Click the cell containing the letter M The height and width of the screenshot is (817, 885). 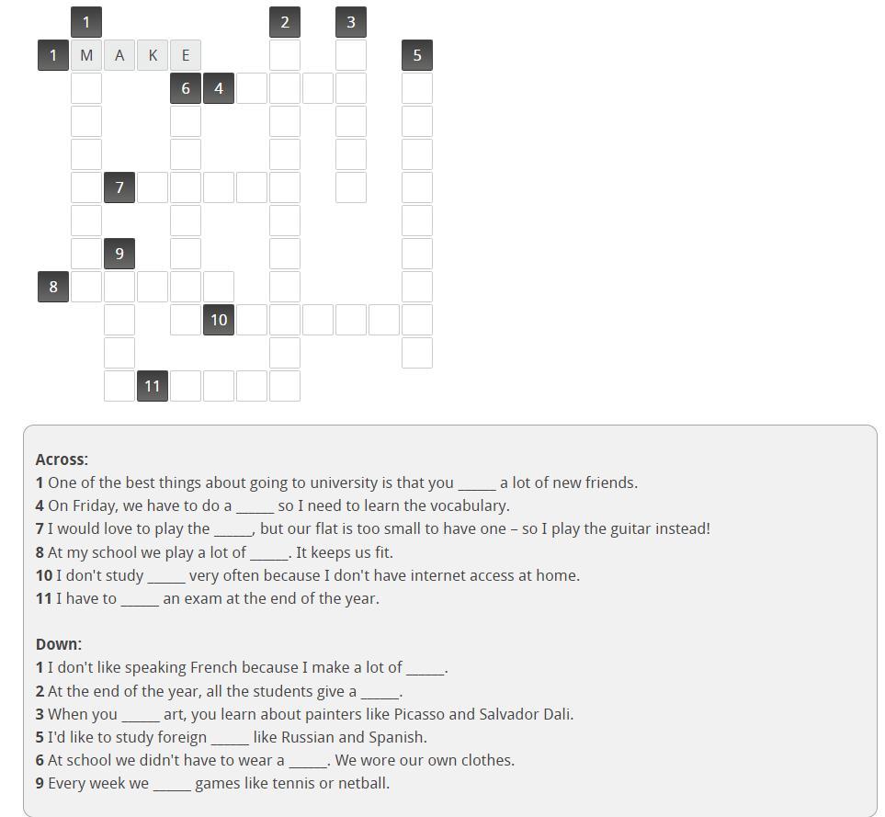point(86,55)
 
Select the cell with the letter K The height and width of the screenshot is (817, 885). point(153,55)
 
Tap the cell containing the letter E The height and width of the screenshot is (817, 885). point(186,55)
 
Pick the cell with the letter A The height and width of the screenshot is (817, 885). point(119,55)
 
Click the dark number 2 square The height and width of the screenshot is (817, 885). point(285,22)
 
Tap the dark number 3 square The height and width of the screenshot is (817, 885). point(351,22)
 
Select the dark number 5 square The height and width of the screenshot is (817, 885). point(417,55)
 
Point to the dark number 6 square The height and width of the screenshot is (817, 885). point(186,88)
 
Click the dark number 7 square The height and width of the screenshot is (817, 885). point(119,187)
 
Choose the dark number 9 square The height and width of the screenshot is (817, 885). point(119,254)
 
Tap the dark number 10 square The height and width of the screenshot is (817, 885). point(219,320)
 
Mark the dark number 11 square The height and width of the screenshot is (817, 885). point(153,386)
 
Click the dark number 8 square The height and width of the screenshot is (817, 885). point(53,287)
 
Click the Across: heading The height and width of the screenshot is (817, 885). point(62,460)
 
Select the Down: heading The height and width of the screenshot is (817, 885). point(59,644)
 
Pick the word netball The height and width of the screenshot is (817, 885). point(364,783)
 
